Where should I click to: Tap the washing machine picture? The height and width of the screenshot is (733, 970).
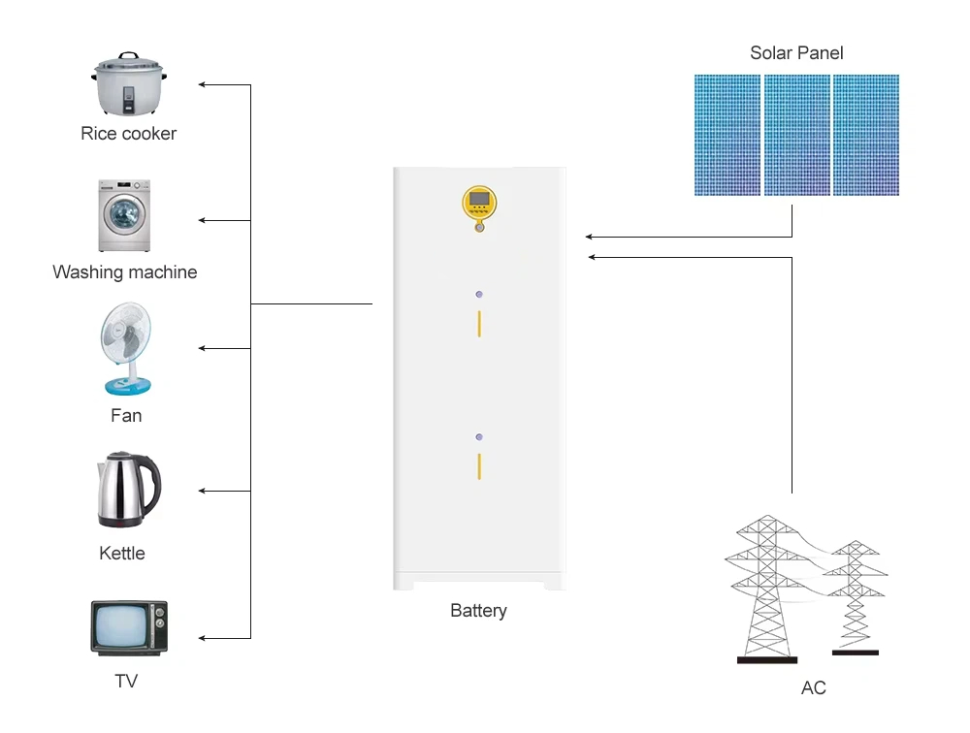pos(125,215)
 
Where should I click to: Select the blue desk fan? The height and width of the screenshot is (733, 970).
pos(126,350)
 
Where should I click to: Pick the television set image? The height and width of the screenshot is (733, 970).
pos(129,628)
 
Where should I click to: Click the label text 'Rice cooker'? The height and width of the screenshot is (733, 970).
pos(128,134)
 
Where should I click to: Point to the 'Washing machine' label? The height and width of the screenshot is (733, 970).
pos(124,272)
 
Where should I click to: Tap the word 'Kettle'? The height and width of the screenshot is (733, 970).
pos(122,554)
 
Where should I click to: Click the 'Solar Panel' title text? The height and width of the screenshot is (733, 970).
pos(796,53)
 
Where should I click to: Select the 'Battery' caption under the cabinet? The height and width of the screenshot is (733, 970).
pos(478,611)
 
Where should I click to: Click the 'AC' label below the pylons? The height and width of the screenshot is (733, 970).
pos(814,688)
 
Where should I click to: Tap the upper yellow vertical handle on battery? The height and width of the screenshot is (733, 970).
pos(479,323)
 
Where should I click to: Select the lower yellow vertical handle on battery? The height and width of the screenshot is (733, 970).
pos(479,465)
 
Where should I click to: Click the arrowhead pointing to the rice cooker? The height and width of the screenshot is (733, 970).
pos(203,85)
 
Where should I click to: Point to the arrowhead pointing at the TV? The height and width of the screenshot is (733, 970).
pos(203,638)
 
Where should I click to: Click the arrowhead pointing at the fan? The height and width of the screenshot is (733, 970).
pos(203,348)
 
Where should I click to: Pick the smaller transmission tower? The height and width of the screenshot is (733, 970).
pos(855,596)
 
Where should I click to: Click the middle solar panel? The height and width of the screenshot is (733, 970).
pos(796,136)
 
